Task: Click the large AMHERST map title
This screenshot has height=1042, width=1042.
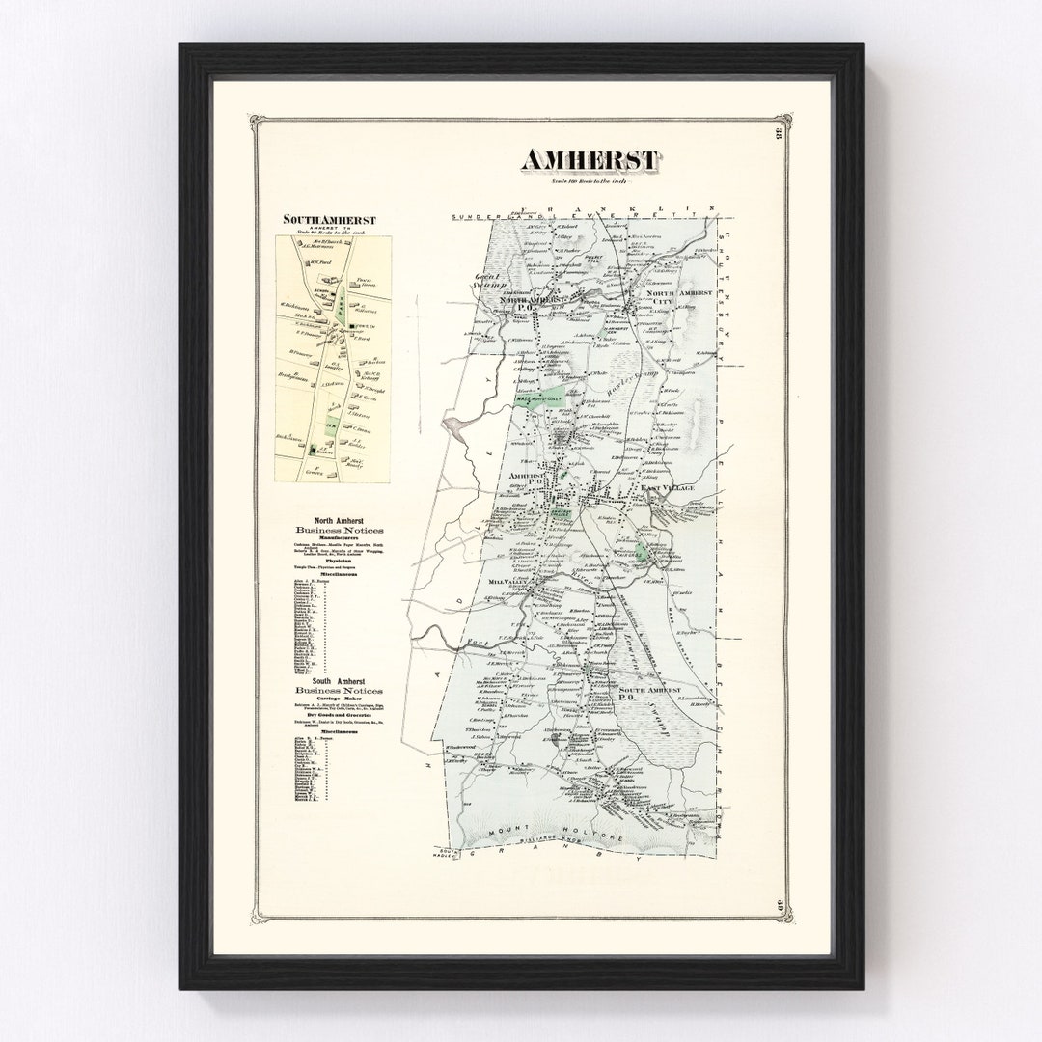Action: coord(590,160)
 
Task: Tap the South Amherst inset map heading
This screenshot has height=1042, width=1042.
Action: coord(329,220)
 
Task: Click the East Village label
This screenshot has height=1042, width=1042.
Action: coord(669,490)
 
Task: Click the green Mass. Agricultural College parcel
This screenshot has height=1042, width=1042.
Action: coord(536,398)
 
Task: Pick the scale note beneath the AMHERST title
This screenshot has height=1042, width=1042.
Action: coord(590,180)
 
